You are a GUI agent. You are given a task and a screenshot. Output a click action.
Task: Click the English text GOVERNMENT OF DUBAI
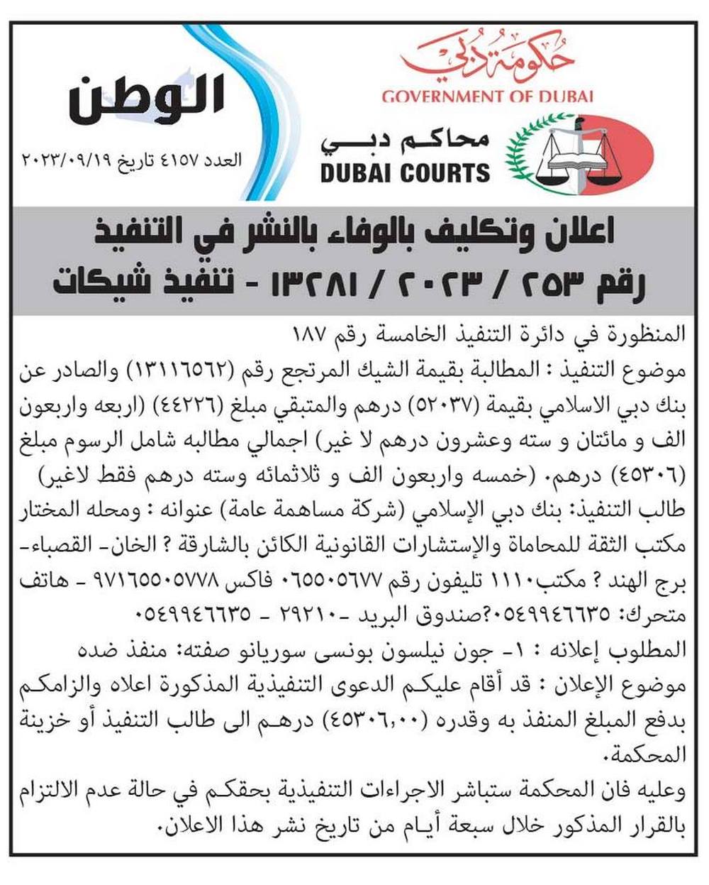(x=487, y=97)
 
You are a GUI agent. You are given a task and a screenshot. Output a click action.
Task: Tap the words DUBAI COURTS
(x=405, y=172)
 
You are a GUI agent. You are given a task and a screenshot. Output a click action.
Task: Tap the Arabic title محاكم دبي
(x=405, y=141)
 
